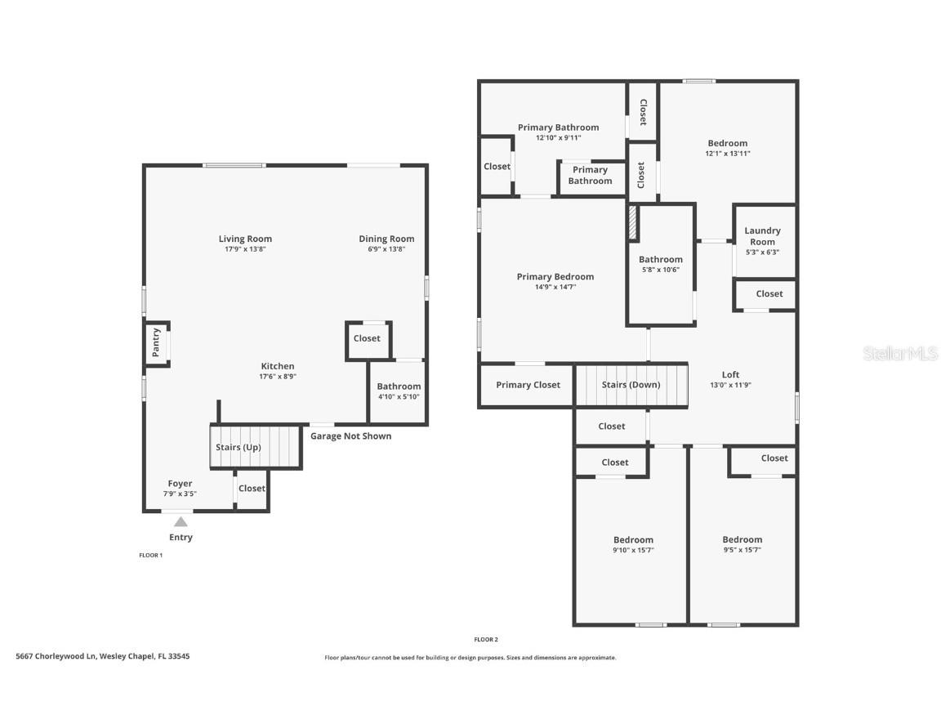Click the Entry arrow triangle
click(181, 521)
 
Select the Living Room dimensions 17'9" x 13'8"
click(245, 249)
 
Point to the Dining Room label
click(386, 239)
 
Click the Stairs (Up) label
click(239, 447)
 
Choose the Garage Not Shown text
click(350, 436)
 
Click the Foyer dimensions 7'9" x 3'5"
click(180, 494)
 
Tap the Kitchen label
click(278, 366)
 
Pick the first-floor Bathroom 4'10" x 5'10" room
click(399, 392)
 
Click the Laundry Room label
click(763, 236)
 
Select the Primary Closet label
click(528, 385)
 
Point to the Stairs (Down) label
click(631, 385)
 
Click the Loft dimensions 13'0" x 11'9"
click(730, 385)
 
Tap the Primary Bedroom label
click(555, 276)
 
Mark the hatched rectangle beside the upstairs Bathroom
click(632, 223)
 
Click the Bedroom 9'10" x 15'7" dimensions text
click(633, 550)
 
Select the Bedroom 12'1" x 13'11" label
click(727, 144)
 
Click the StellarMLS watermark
click(899, 353)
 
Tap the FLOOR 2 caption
click(486, 639)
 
